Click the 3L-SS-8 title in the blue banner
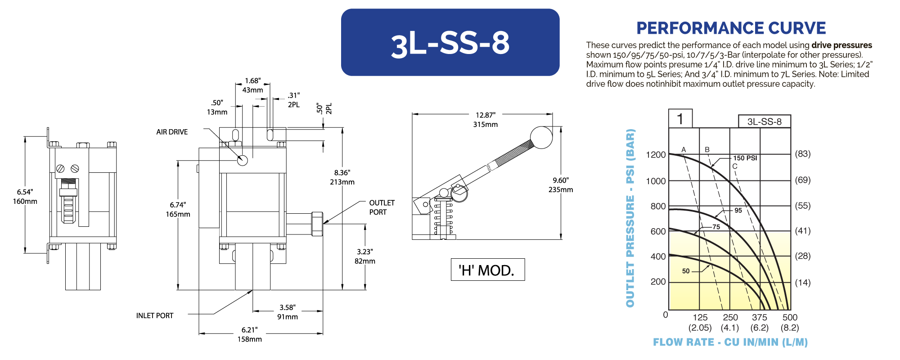click(450, 44)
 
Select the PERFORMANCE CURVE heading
click(731, 28)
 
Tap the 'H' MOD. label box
click(487, 270)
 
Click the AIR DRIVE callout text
click(172, 132)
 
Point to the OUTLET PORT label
click(382, 207)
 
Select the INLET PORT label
click(154, 316)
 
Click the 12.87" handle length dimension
click(486, 115)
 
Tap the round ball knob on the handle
click(541, 137)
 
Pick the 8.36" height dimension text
click(342, 173)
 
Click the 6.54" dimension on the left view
click(25, 192)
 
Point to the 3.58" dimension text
click(288, 308)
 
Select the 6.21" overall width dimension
click(250, 330)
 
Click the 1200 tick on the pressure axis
click(656, 155)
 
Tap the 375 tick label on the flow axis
click(760, 317)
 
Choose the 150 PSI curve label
click(745, 158)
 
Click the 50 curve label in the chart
click(686, 271)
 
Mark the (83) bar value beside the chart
click(802, 154)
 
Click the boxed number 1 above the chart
click(680, 119)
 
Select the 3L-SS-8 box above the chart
click(764, 121)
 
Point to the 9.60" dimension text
click(561, 180)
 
